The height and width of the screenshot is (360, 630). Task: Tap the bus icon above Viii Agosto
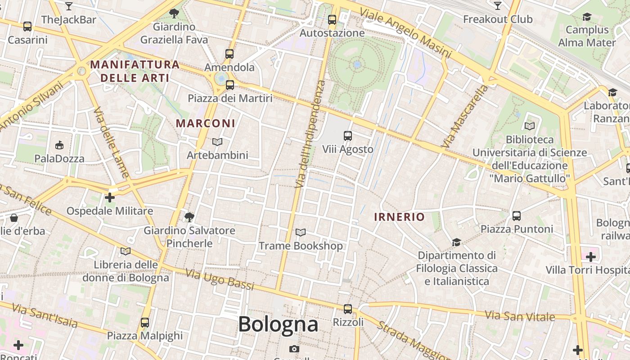pos(347,135)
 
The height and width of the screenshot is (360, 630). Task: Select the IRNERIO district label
pos(399,217)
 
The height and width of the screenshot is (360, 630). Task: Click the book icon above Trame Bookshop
pos(301,232)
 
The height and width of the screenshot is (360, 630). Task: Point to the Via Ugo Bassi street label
pos(220,279)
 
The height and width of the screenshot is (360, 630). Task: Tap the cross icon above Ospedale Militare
pos(110,198)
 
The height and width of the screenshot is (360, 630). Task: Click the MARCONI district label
pos(205,123)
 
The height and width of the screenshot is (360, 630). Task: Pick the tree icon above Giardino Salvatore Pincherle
pos(189,217)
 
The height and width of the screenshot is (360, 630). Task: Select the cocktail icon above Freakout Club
pos(497,6)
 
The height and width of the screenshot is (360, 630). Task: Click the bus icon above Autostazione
pos(332,20)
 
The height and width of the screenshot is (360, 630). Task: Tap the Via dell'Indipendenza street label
pos(310,134)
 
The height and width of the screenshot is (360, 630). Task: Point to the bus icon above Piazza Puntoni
pos(516,216)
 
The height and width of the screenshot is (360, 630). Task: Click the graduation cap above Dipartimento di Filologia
pos(456,242)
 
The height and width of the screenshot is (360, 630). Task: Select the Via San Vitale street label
pos(520,316)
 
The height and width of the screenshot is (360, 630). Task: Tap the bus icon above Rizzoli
pos(347,309)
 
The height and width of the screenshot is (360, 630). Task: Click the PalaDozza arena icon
pos(59,145)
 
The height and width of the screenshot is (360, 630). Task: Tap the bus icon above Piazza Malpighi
pos(144,322)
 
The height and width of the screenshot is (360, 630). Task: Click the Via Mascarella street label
pos(465,116)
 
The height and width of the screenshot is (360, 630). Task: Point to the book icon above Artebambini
pos(217,142)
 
